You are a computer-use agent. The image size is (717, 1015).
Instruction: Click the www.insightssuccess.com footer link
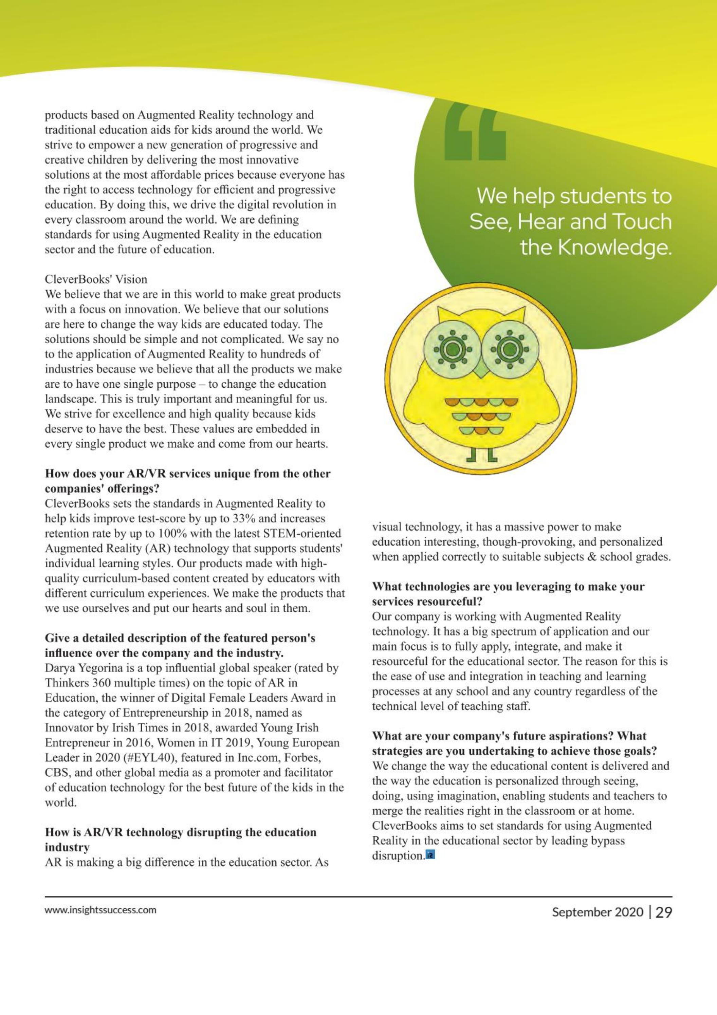pos(101,910)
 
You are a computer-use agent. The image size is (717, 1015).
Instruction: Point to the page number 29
pos(663,912)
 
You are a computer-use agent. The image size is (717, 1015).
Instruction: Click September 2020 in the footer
pos(597,912)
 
